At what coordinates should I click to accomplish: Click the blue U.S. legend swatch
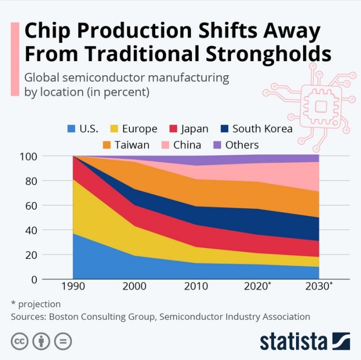click(71, 129)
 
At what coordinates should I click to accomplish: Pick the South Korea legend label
click(262, 129)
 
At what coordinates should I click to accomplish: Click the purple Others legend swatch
click(216, 145)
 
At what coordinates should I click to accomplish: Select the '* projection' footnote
click(36, 304)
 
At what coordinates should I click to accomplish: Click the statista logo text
click(294, 341)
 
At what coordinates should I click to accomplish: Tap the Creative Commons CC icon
click(19, 341)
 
